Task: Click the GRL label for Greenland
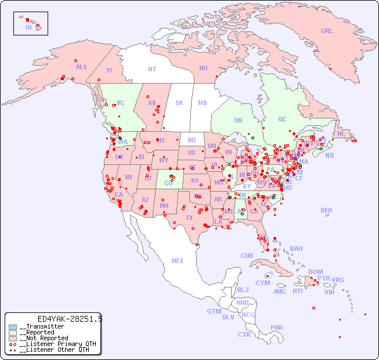pyautogui.click(x=327, y=31)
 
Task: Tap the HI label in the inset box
pyautogui.click(x=28, y=27)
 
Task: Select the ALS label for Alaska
pyautogui.click(x=81, y=67)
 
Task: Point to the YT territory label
pyautogui.click(x=109, y=70)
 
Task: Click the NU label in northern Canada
pyautogui.click(x=203, y=69)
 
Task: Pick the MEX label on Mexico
pyautogui.click(x=178, y=261)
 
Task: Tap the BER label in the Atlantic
pyautogui.click(x=326, y=210)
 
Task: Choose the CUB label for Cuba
pyautogui.click(x=247, y=255)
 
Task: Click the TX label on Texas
pyautogui.click(x=189, y=218)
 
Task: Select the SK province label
pyautogui.click(x=179, y=103)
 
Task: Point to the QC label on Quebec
pyautogui.click(x=282, y=120)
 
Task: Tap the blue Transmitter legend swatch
pyautogui.click(x=13, y=327)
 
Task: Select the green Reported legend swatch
pyautogui.click(x=13, y=333)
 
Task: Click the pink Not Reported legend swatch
pyautogui.click(x=13, y=339)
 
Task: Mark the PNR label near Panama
pyautogui.click(x=277, y=327)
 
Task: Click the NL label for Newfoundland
pyautogui.click(x=341, y=134)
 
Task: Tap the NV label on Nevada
pyautogui.click(x=129, y=177)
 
